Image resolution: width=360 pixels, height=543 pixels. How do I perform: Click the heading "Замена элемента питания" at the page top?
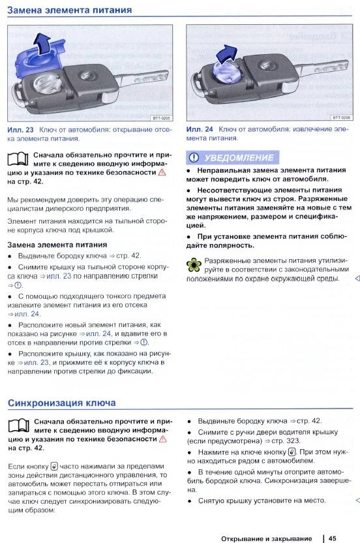[69, 10]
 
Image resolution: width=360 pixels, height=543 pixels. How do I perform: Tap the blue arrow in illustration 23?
[44, 42]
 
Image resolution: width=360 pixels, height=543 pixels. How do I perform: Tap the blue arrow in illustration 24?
[227, 54]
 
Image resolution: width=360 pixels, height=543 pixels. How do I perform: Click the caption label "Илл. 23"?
[20, 130]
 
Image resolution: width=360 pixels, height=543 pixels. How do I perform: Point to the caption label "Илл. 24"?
[200, 129]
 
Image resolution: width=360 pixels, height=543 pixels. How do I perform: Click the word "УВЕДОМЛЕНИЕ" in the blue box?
[239, 158]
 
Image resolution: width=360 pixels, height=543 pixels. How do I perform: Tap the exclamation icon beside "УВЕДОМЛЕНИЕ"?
[194, 158]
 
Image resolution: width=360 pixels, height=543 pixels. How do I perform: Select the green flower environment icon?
[194, 265]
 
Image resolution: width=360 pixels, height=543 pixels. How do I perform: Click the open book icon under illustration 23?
[18, 159]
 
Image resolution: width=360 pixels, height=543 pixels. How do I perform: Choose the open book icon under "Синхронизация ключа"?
[18, 426]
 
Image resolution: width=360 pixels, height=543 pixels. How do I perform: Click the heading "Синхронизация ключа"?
[61, 403]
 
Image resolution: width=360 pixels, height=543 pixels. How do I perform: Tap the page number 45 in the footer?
[333, 538]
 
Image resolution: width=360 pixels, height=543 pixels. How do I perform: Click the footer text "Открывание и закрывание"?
[267, 538]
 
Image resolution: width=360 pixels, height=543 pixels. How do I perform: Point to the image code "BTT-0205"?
[161, 118]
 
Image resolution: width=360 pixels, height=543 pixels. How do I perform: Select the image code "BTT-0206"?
[341, 117]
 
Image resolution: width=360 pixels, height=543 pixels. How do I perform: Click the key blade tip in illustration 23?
[167, 74]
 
